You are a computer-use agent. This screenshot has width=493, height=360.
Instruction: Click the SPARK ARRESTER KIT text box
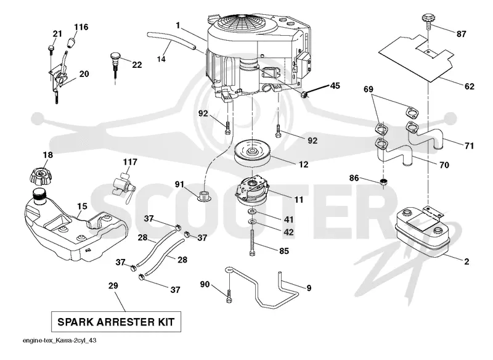click(116, 322)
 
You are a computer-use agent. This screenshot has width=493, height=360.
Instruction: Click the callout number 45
click(335, 86)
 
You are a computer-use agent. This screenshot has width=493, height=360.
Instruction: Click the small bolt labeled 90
click(229, 295)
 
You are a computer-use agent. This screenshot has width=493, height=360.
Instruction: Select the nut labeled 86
click(383, 182)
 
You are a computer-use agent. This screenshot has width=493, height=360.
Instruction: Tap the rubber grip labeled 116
click(72, 42)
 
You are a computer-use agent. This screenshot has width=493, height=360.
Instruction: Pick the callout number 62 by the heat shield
click(469, 86)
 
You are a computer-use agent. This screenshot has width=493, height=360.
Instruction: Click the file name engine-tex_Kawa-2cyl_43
click(59, 340)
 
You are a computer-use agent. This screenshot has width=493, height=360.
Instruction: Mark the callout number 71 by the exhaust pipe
click(469, 145)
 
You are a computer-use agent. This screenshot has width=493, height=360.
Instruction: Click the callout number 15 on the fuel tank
click(82, 207)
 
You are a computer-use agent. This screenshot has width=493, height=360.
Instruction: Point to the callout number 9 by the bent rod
click(309, 288)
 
